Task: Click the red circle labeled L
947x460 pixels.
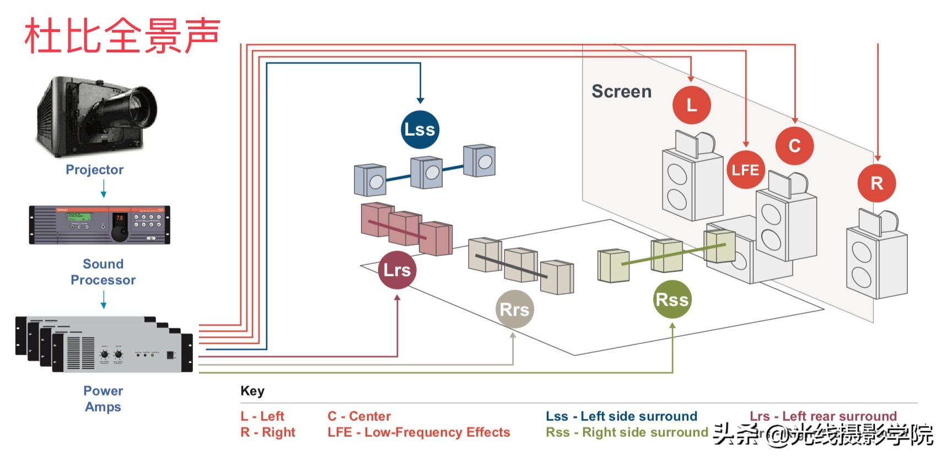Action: click(691, 105)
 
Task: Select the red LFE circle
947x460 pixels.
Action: click(745, 170)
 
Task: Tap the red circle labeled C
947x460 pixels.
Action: click(794, 146)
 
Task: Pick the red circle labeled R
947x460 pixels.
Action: click(876, 183)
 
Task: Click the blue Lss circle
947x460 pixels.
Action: click(419, 130)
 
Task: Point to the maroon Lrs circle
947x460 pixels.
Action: click(397, 270)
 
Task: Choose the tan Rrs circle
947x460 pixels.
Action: click(514, 309)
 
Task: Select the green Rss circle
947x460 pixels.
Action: click(672, 299)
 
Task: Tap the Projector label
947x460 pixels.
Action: click(94, 170)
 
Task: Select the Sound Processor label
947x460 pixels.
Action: click(103, 272)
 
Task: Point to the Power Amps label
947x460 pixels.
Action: click(103, 399)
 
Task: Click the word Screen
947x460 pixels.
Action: click(621, 92)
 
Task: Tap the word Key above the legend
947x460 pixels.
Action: click(252, 391)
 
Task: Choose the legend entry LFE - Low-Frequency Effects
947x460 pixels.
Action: click(418, 432)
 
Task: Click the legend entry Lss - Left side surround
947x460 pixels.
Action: click(621, 416)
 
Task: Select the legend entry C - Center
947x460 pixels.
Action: click(359, 416)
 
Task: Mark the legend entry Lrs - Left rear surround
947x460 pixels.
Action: click(823, 416)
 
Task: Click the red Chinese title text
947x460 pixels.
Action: click(122, 36)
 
